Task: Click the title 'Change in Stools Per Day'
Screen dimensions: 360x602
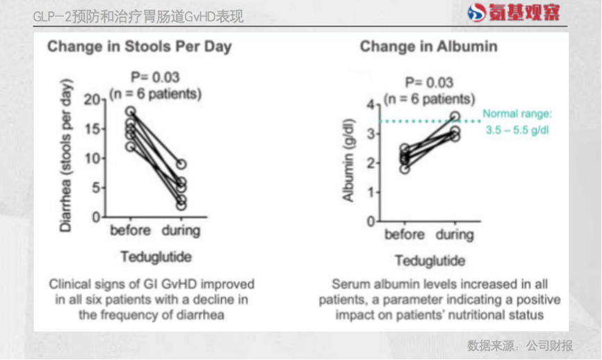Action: click(x=140, y=47)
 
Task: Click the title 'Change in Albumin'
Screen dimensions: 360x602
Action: click(x=428, y=47)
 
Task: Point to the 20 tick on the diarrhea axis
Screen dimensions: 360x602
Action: click(x=92, y=100)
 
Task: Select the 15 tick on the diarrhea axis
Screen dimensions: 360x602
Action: click(x=92, y=129)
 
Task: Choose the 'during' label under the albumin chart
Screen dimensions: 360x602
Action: click(x=455, y=235)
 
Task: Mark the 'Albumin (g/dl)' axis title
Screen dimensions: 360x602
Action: click(x=349, y=162)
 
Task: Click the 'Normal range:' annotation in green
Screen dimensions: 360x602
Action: click(x=517, y=114)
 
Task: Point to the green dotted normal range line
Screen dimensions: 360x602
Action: click(x=417, y=122)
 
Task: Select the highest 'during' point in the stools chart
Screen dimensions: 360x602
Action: click(x=180, y=165)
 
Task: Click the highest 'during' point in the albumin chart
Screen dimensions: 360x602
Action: click(x=455, y=117)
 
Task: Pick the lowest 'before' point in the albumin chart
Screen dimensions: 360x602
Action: click(x=405, y=168)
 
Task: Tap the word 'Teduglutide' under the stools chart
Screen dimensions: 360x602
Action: click(x=156, y=256)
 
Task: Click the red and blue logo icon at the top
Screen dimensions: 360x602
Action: click(x=476, y=13)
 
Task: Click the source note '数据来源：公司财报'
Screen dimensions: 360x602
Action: click(x=520, y=345)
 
